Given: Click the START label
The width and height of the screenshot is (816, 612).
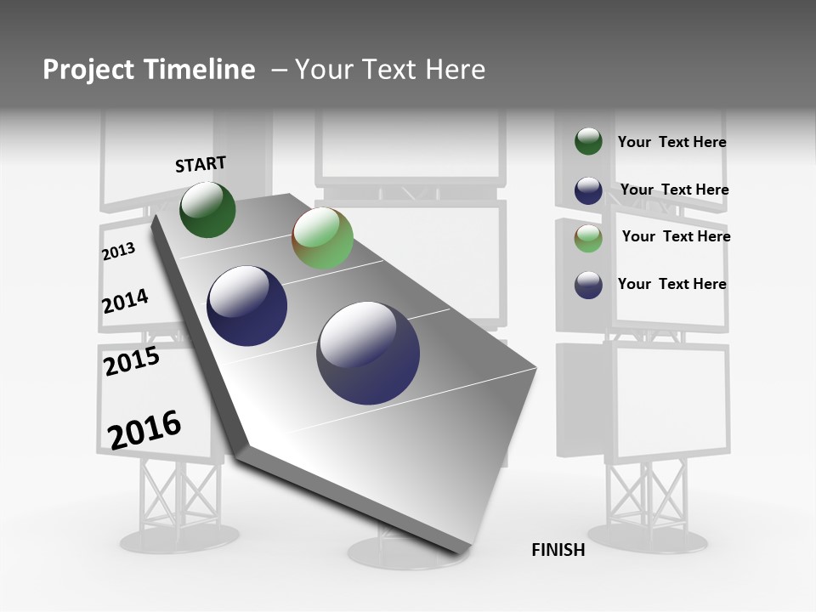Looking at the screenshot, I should [201, 164].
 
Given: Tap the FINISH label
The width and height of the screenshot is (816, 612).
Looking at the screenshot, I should [558, 550].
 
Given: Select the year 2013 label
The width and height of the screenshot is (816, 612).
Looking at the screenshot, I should [118, 252].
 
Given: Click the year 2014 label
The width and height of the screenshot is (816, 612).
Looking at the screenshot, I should [125, 301].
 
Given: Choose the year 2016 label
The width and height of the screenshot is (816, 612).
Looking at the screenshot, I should [144, 429].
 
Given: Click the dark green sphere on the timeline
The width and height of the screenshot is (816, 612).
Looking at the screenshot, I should [207, 210].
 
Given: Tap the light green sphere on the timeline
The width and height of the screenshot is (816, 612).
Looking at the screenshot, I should [322, 238].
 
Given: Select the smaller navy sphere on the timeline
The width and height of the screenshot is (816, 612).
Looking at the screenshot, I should [246, 306].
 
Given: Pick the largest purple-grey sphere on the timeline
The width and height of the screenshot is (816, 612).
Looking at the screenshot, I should [368, 353].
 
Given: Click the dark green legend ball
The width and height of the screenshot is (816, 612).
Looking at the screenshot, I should [588, 142].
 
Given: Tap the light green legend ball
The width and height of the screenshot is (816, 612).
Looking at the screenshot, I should [588, 238].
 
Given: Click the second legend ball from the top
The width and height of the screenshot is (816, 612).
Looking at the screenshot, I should [588, 190].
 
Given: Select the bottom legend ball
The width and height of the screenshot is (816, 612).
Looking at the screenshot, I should [588, 285].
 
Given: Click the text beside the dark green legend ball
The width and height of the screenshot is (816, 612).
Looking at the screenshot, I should [671, 143].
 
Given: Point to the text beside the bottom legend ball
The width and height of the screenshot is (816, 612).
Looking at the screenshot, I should [671, 284].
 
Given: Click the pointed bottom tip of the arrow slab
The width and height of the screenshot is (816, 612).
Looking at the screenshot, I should [463, 551].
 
